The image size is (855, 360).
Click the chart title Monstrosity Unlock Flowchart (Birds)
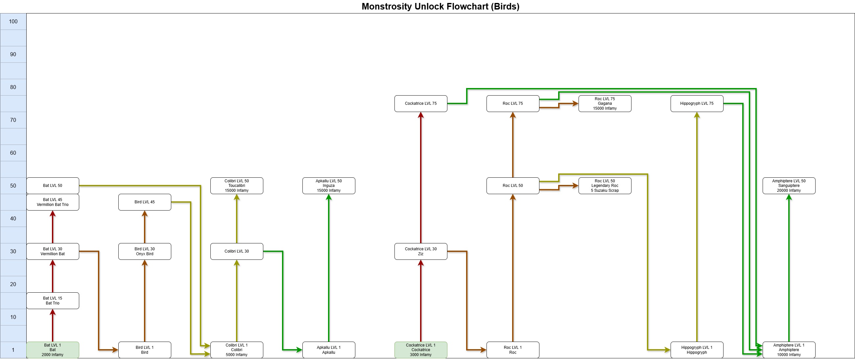440,6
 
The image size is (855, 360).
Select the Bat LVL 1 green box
53,350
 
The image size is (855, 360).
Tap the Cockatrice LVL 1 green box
421,350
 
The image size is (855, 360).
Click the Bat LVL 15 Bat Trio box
53,301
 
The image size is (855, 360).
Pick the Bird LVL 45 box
145,202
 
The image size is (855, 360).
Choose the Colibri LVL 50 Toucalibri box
237,186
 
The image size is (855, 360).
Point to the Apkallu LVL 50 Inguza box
329,186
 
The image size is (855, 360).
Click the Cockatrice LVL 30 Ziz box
421,251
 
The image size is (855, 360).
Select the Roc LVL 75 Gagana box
605,103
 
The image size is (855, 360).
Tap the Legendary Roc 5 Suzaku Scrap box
605,186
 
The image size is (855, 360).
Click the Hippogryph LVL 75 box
697,103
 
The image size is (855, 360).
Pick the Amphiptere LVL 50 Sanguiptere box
789,186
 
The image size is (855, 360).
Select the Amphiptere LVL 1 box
789,350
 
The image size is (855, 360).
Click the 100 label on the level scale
13,22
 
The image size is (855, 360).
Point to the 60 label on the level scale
13,153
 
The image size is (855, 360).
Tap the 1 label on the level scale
13,350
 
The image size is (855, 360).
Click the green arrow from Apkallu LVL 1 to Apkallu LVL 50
329,268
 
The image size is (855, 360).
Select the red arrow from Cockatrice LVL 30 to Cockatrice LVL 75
421,177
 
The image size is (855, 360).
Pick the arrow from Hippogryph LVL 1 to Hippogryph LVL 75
697,227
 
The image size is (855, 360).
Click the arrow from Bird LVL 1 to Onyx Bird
145,301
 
